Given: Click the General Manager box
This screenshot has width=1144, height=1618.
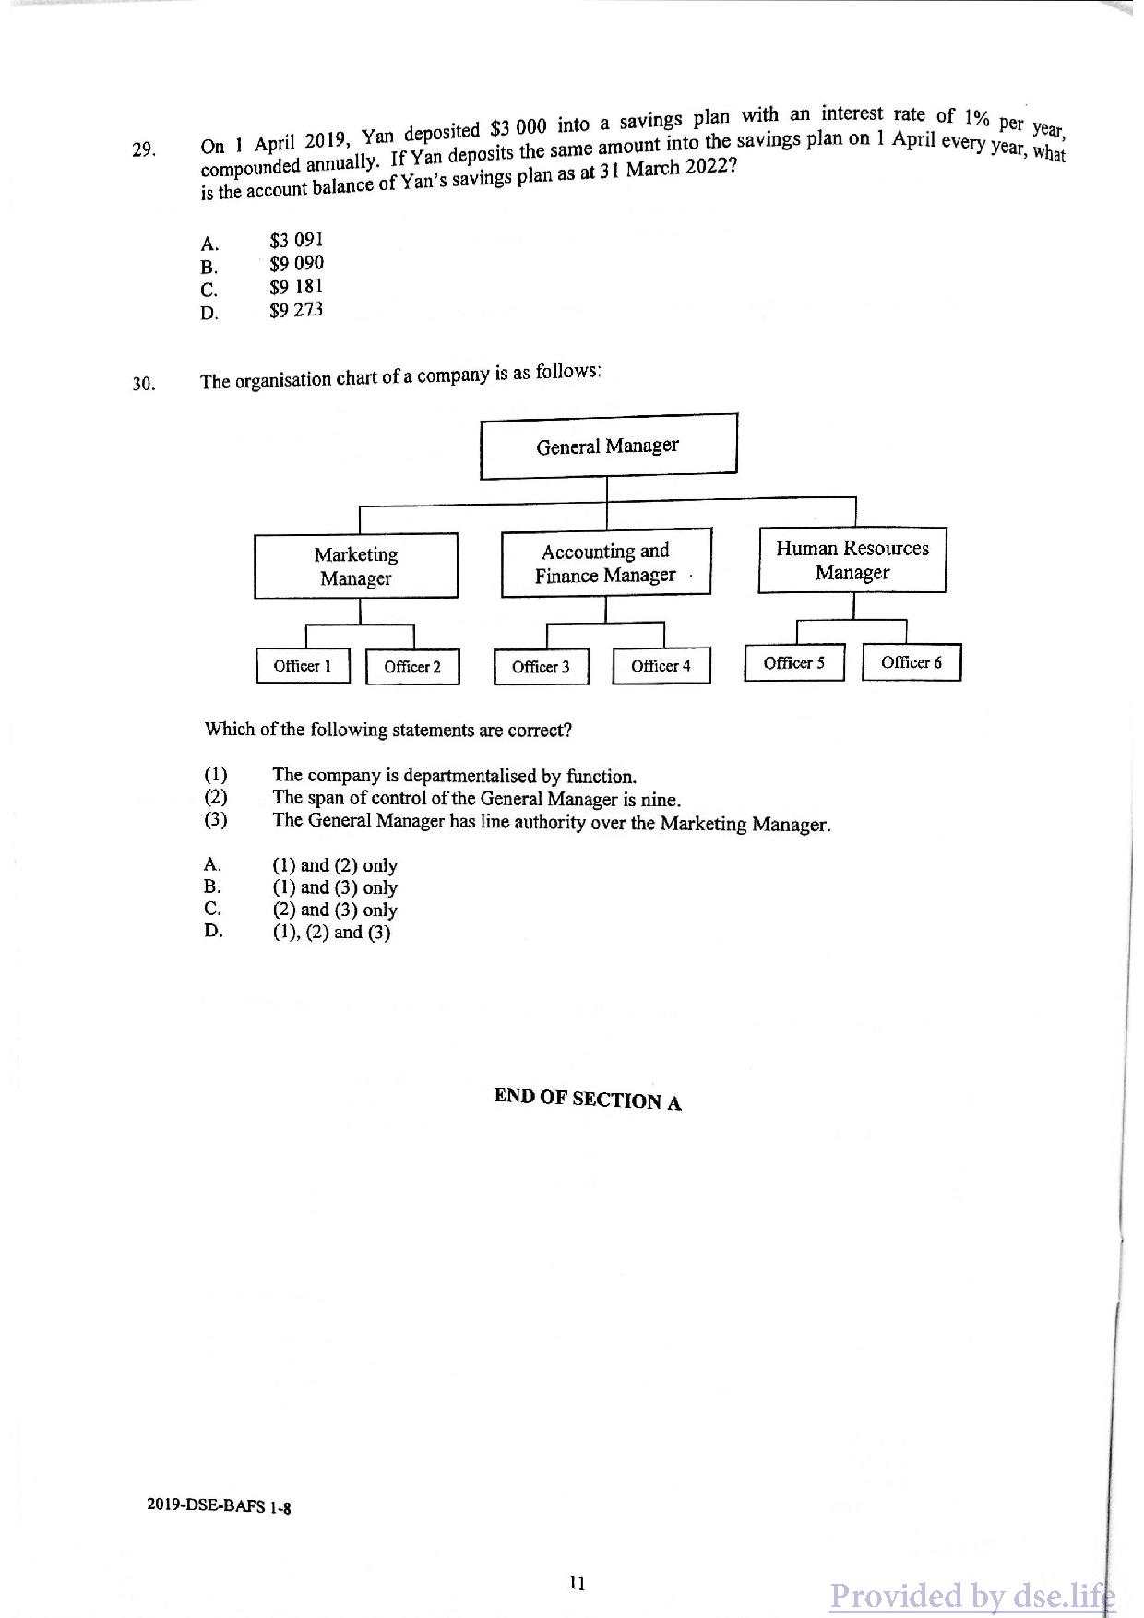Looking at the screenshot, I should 608,446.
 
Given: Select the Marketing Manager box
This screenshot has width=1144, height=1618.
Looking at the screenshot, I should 355,566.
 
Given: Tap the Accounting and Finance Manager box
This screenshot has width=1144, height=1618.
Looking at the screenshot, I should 605,563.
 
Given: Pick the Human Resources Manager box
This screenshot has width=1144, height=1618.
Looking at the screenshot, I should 852,560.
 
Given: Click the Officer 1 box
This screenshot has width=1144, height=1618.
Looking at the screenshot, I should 303,666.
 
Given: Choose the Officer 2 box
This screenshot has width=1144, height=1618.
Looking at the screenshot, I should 412,667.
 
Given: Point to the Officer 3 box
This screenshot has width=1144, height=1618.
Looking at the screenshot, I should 541,667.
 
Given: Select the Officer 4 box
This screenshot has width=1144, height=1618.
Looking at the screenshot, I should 661,666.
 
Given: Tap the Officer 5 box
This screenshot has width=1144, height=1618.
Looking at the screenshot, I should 793,663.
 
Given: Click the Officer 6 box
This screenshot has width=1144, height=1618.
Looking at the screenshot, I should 911,662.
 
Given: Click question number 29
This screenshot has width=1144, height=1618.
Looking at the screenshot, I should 142,149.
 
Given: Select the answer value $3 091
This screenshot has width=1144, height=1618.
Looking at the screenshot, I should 296,241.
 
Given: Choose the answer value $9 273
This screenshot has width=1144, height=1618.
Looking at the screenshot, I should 296,310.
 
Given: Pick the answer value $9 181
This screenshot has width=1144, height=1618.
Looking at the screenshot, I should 296,287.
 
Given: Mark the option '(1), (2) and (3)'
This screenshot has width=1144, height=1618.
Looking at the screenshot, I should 331,933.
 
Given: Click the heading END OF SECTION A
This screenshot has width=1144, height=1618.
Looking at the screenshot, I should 588,1099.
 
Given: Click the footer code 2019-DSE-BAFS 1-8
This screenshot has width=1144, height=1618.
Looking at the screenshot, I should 219,1506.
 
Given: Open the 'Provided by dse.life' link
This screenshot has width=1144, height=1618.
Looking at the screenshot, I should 971,1596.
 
